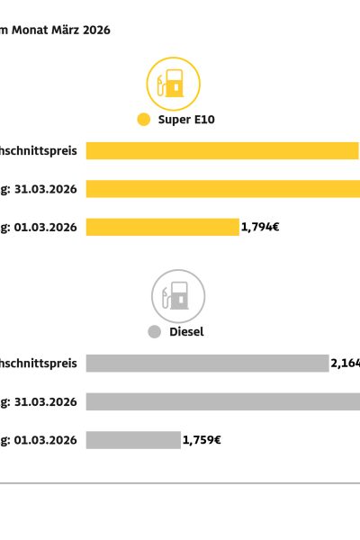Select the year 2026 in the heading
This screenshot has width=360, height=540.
click(x=94, y=30)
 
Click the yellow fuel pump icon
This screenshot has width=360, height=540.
click(x=173, y=84)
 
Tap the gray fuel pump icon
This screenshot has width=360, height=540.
click(x=177, y=296)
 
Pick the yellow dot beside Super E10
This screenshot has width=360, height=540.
click(x=142, y=119)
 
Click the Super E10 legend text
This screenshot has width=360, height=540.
click(x=186, y=119)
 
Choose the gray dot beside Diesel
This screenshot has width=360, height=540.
click(x=154, y=331)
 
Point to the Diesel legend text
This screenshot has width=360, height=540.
click(x=186, y=331)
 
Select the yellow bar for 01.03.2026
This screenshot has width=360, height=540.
click(x=162, y=228)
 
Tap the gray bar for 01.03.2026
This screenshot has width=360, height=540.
click(x=133, y=440)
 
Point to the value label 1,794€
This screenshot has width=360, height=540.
click(x=260, y=228)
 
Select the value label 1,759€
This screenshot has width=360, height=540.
click(x=202, y=440)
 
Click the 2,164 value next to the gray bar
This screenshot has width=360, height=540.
click(x=346, y=363)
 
